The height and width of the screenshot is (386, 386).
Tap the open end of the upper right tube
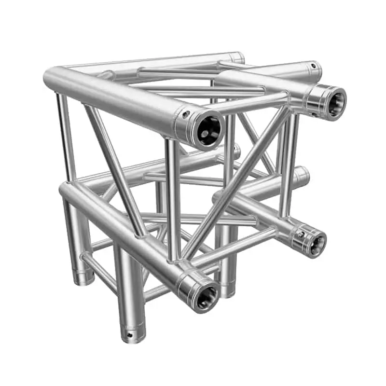333,102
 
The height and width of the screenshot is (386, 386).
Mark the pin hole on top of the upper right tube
313,66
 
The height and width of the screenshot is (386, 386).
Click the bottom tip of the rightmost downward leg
228,293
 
